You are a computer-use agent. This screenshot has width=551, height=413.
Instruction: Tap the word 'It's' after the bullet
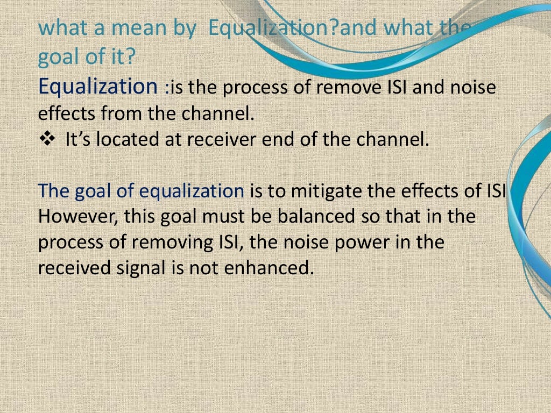[x=76, y=140]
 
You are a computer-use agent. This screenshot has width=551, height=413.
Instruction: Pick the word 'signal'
[x=136, y=268]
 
